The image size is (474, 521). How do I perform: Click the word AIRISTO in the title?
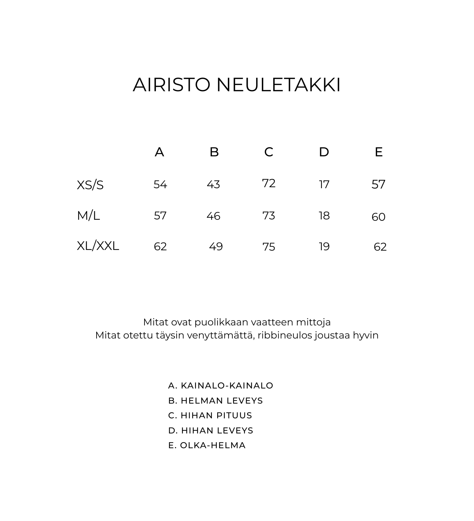coord(172,85)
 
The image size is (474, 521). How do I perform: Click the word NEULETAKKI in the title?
coord(278,85)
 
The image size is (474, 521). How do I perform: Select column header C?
coord(269,152)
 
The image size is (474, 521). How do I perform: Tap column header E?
coord(378,152)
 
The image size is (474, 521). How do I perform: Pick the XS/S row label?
coord(90,185)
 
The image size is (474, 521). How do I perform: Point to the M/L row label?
coord(88,216)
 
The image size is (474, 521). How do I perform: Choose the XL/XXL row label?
coord(98,246)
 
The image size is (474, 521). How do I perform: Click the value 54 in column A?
coord(160,185)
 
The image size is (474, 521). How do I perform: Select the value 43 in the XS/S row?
coord(213,185)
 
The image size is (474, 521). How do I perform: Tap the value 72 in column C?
coord(269,184)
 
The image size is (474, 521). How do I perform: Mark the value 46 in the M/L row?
coord(213,216)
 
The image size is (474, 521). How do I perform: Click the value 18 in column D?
coord(324,216)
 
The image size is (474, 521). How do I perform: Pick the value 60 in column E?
coord(378,217)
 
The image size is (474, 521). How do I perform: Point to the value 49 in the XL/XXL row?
coord(216,247)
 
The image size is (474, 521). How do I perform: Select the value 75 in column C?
coord(269,247)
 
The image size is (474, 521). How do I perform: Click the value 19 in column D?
coord(324,247)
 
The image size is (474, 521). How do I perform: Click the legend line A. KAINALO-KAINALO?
coord(221,386)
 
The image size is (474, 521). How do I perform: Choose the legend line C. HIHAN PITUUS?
coord(210,416)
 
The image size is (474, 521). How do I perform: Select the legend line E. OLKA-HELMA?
coord(207,446)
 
